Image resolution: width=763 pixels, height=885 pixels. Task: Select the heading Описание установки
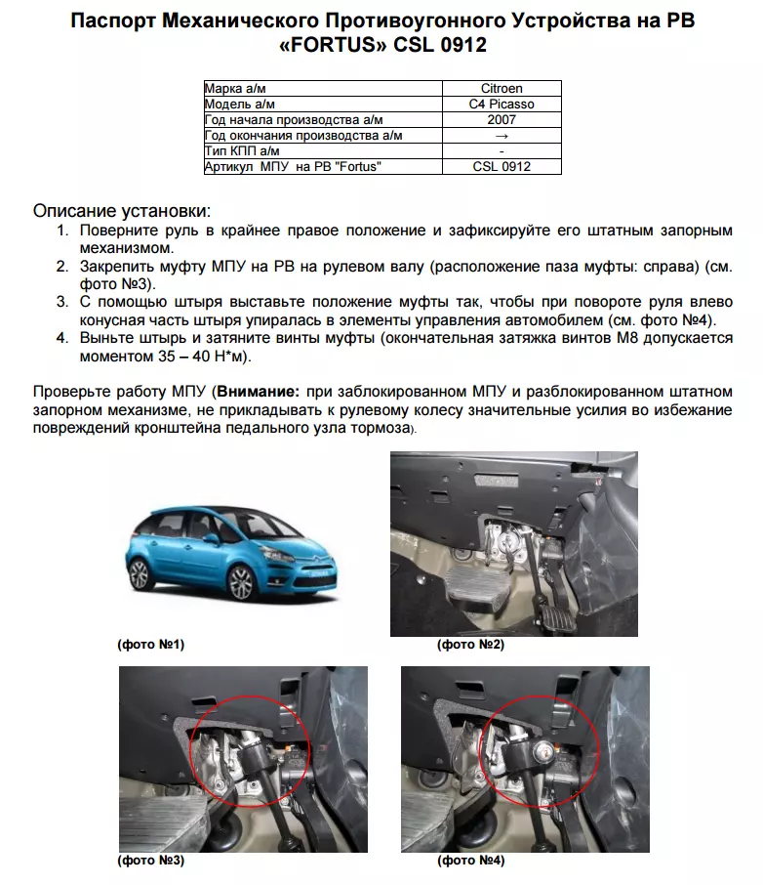tap(121, 211)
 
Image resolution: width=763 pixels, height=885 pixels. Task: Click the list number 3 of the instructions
tap(61, 301)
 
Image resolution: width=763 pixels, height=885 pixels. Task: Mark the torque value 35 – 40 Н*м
tap(193, 356)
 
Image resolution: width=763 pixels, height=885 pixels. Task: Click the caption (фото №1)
tap(150, 645)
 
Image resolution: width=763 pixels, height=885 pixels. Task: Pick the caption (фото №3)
tap(150, 861)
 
